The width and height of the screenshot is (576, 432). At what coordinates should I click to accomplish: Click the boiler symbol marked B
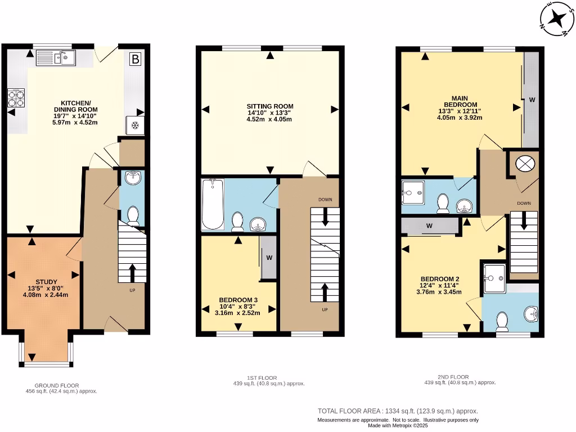(x=135, y=58)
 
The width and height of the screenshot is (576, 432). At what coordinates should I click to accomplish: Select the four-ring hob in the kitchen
(x=16, y=98)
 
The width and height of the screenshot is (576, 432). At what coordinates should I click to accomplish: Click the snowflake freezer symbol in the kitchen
(x=134, y=125)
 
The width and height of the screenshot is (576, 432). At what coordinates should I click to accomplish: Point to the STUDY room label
(x=46, y=282)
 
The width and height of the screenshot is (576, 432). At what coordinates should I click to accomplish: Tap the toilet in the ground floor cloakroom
(x=133, y=215)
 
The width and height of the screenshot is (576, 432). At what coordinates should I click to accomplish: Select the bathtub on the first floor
(x=213, y=204)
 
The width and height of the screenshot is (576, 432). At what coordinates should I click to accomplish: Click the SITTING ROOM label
(x=270, y=106)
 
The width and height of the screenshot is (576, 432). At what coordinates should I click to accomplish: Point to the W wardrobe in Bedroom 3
(x=269, y=258)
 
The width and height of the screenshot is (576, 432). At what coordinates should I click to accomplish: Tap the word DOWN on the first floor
(x=325, y=200)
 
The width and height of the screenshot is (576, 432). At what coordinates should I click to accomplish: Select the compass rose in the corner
(x=556, y=19)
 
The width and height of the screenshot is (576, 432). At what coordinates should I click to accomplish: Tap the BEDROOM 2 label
(x=440, y=279)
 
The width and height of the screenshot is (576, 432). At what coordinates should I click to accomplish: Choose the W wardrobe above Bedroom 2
(x=429, y=226)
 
